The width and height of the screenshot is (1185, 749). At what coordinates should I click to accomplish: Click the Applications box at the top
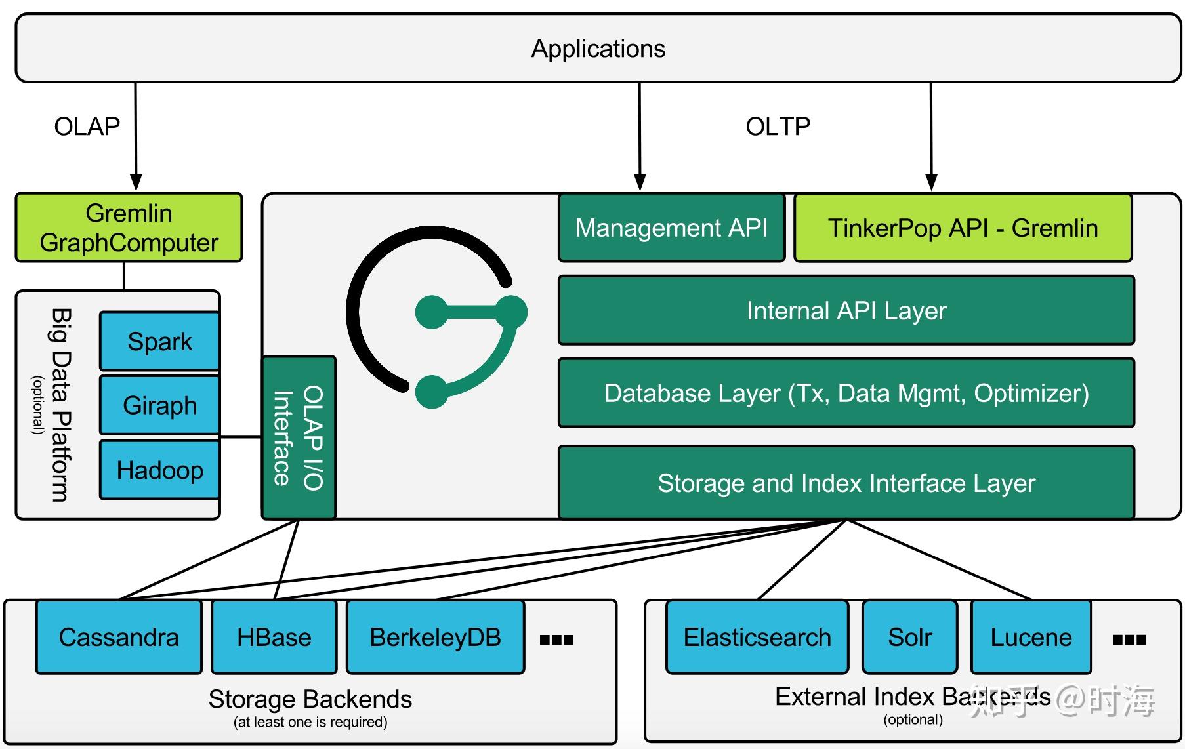pos(598,49)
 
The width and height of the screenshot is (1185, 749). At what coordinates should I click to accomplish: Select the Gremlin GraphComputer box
pos(129,228)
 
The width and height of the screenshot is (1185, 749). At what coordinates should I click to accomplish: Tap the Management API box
pos(671,228)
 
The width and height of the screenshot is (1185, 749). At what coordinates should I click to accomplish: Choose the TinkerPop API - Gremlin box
pos(963,228)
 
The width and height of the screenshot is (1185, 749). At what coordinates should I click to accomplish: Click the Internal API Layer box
pos(846,310)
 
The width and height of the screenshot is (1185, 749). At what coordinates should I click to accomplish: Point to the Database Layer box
pos(846,393)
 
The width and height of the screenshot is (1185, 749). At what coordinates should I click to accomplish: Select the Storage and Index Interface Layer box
pos(846,483)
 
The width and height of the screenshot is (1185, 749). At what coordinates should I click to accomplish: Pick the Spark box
pos(159,341)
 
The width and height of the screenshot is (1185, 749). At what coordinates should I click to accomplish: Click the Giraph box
pos(159,405)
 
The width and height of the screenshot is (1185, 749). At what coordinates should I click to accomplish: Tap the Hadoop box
pos(159,470)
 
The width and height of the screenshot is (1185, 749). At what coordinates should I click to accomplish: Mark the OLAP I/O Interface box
pos(299,437)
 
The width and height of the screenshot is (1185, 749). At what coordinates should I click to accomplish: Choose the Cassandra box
pos(119,637)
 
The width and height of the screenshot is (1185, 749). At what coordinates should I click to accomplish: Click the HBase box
pos(274,637)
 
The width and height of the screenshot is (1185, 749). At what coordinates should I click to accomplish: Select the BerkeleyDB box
pos(435,637)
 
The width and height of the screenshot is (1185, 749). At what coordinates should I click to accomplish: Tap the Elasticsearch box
pos(757,637)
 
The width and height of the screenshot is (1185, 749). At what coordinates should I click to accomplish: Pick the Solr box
pos(909,637)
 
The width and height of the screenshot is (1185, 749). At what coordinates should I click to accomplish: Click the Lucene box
pos(1031,637)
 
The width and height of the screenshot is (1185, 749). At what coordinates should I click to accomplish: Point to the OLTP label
pos(778,126)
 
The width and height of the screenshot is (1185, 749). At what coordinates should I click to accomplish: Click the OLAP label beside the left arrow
pos(87,126)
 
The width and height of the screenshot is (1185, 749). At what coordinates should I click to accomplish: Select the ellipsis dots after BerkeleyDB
pos(556,639)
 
